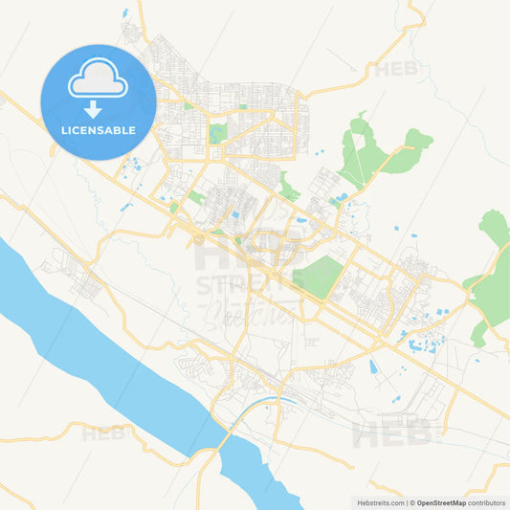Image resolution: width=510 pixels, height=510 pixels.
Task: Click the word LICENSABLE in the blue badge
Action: (98, 130)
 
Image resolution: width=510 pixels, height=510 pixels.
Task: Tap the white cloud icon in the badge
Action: (98, 79)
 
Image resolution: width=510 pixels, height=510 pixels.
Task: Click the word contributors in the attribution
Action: (487, 502)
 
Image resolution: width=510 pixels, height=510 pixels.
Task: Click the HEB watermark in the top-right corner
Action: (396, 69)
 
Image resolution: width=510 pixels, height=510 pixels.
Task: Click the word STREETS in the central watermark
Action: (235, 284)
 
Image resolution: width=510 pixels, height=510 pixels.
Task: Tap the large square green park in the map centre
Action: (318, 276)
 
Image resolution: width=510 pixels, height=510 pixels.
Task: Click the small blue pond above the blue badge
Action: (124, 13)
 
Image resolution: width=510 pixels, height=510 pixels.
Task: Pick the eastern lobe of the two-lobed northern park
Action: (417, 140)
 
